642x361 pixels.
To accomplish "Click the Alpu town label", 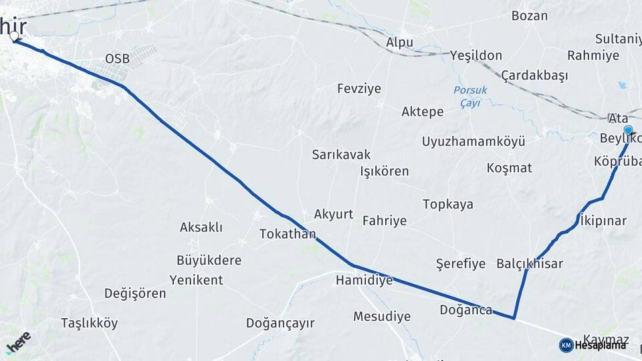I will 399,43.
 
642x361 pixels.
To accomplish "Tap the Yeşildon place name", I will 475,55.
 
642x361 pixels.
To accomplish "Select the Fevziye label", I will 358,89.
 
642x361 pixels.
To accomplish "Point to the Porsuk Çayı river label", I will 470,97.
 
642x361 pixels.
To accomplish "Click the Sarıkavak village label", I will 341,154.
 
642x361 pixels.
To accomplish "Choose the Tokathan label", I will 288,234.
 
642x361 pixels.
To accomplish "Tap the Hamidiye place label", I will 364,280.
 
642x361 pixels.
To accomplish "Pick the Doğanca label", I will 465,310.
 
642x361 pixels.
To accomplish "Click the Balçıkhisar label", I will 530,263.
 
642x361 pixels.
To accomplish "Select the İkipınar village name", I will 603,221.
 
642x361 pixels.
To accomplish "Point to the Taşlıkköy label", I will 89,324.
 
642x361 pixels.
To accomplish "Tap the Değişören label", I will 135,293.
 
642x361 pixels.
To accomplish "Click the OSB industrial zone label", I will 117,59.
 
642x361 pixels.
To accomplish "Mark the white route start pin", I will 14,36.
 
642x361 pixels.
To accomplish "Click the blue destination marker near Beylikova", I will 628,130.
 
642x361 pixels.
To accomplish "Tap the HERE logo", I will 18,342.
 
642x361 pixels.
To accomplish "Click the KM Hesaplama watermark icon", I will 566,345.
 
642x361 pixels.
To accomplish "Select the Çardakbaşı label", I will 534,75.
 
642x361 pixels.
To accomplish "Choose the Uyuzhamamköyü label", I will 473,142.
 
